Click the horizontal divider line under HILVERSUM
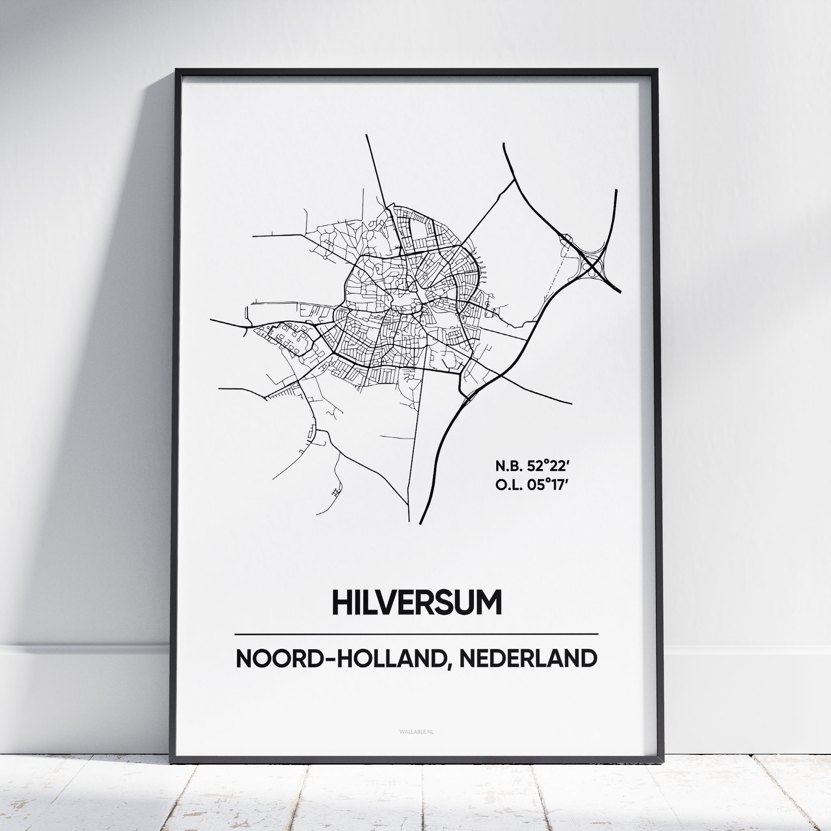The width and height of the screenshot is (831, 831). [x=416, y=634]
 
